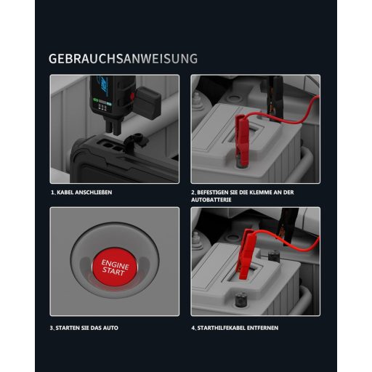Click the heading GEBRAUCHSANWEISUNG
123,59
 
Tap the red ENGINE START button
115,267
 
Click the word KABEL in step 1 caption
65,193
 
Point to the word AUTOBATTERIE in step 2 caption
211,200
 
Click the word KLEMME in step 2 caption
260,193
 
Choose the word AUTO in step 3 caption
110,328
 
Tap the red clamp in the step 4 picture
246,254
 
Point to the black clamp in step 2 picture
275,97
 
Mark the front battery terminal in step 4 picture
240,299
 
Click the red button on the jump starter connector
132,96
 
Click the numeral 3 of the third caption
52,328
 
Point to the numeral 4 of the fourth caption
193,328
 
